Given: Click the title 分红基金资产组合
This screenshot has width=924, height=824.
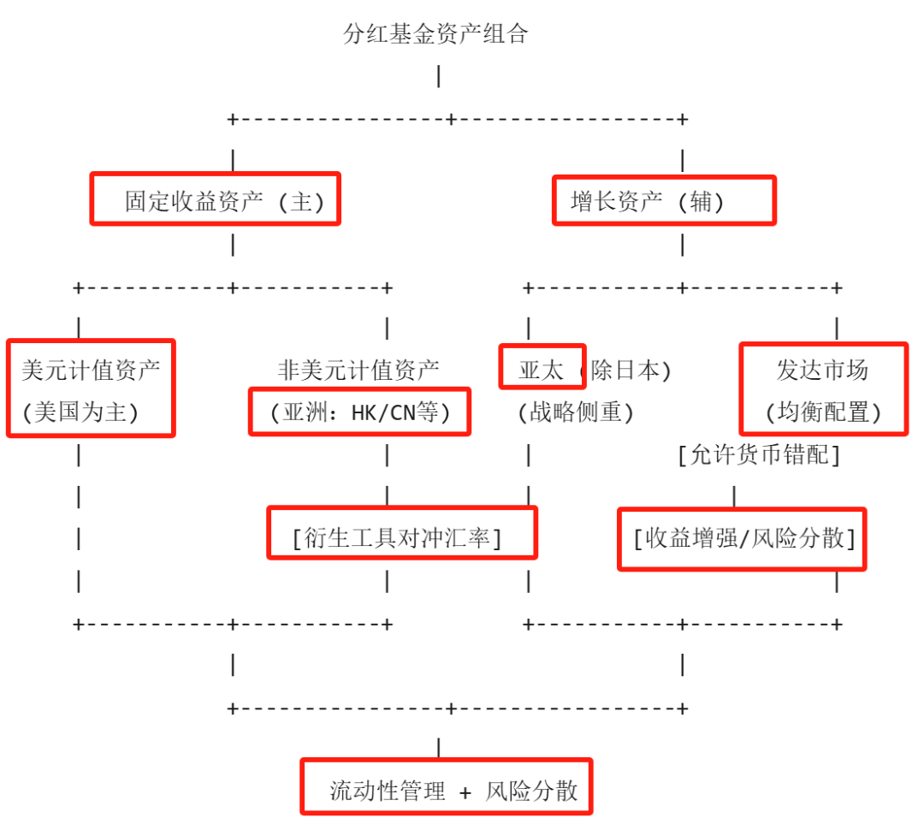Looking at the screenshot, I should tap(435, 34).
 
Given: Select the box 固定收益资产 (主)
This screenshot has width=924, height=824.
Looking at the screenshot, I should tap(216, 199).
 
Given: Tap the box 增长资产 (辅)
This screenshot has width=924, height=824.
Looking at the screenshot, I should tap(664, 201).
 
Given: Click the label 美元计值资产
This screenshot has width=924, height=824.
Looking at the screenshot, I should tap(91, 371).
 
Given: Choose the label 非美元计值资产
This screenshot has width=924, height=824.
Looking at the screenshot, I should tap(358, 371).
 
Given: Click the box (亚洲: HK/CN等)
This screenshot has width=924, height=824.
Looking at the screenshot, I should tap(359, 412).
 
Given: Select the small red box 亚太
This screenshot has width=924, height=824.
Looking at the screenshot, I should tap(542, 368).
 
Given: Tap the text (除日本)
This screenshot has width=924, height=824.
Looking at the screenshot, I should tap(625, 371).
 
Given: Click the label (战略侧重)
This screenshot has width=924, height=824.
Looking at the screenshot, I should tap(575, 412).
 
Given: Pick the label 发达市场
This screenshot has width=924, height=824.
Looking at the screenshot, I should tap(822, 371).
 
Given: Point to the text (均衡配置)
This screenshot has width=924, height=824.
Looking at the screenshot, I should tap(822, 412).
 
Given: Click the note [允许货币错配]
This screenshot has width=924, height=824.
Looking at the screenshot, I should tap(758, 455).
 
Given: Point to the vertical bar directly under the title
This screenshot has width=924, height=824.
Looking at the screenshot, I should tap(439, 76).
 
